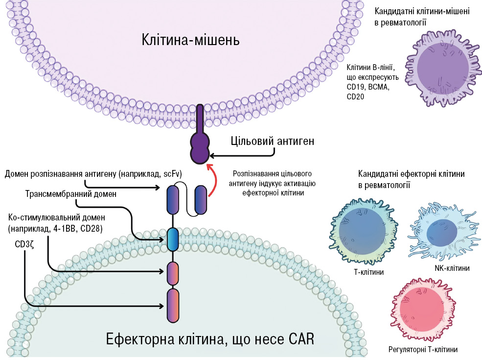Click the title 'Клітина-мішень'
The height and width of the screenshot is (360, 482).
click(190, 39)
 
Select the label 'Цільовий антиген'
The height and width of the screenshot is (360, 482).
click(272, 141)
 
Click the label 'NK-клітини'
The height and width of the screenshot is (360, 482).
click(452, 268)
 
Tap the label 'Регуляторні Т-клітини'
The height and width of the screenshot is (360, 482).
click(423, 350)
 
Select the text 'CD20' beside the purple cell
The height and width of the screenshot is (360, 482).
click(356, 97)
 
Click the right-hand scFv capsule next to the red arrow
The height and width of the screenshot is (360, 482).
click(201, 199)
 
